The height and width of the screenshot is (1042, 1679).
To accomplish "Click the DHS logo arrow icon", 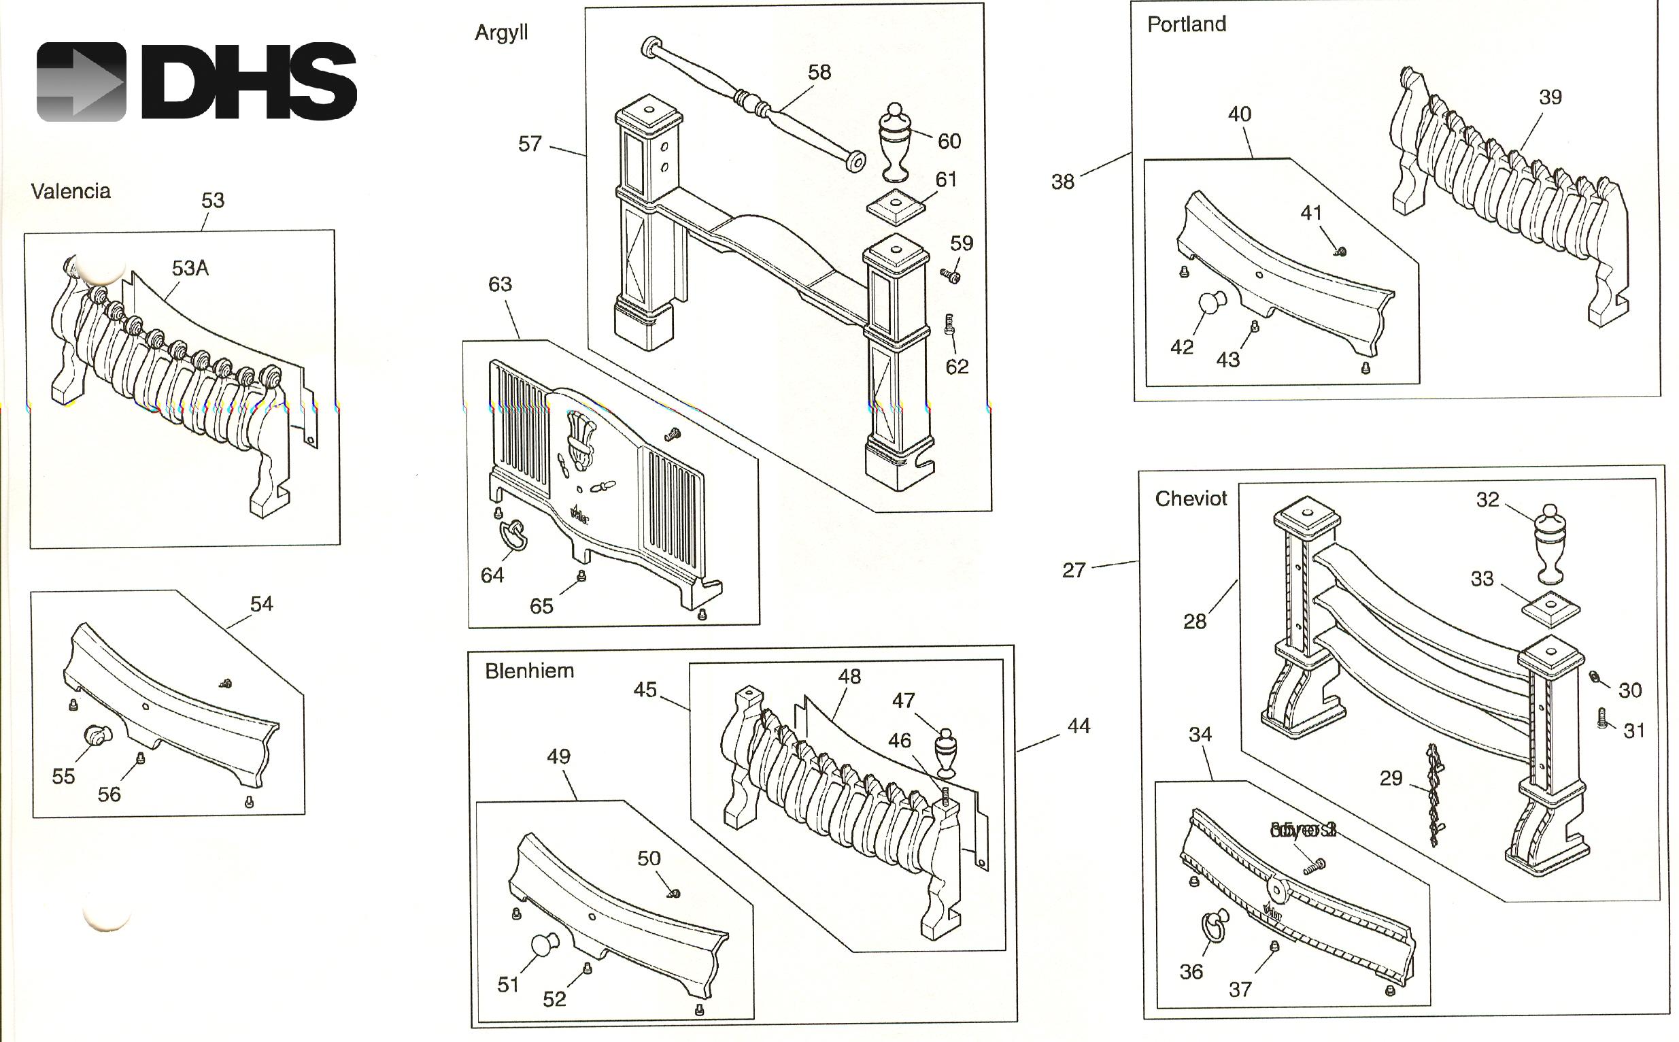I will click(82, 82).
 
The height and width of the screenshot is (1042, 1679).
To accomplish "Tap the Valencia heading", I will click(70, 191).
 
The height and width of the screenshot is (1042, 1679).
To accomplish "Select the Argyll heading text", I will click(501, 33).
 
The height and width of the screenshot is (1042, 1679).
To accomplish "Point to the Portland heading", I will click(1187, 24).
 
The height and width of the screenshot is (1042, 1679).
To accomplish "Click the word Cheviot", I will click(1191, 499).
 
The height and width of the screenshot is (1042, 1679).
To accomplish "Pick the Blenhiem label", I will click(529, 671).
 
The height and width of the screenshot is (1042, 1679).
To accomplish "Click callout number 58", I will click(819, 72).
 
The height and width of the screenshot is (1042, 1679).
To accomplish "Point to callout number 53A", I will click(190, 268).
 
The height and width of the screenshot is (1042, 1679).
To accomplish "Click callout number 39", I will click(1550, 97).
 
